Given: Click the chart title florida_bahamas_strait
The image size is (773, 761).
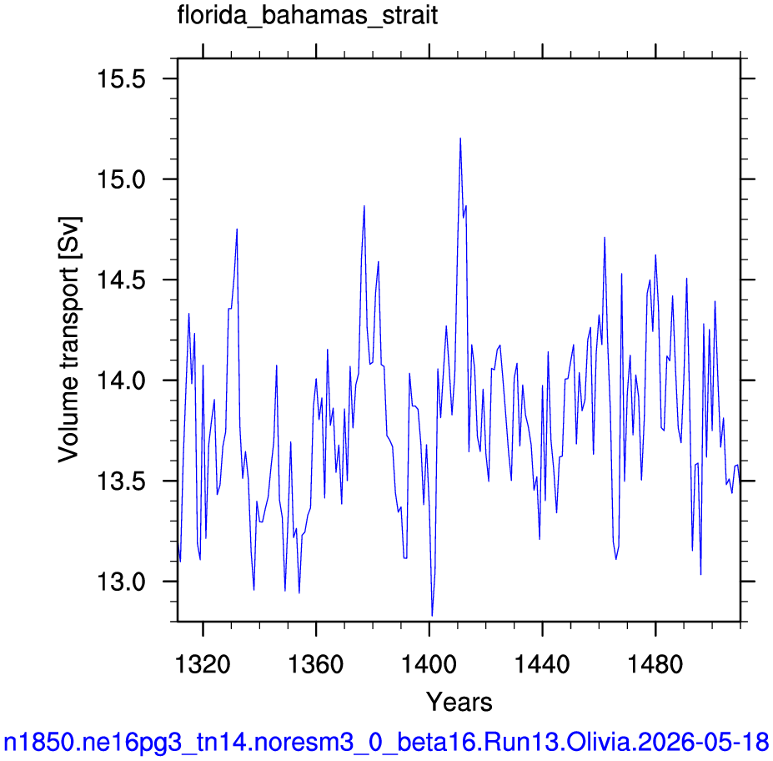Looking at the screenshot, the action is [x=307, y=15].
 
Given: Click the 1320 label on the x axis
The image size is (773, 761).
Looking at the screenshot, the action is [x=203, y=664].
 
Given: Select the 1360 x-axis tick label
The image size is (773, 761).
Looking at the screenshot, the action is [x=315, y=664].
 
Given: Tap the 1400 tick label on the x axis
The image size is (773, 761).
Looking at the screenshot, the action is [x=429, y=664].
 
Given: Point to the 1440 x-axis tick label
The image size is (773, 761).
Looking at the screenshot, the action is [x=542, y=664].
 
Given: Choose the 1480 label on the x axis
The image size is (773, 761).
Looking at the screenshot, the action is [x=655, y=664].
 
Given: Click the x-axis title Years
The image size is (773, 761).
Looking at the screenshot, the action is [x=459, y=702].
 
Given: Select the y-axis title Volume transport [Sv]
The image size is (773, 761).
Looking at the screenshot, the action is [x=69, y=340].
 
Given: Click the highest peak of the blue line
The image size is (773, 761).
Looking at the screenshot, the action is [x=460, y=139].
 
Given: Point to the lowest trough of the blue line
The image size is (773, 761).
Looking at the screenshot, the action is [x=432, y=616].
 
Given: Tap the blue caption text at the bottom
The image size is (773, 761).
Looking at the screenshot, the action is [x=386, y=741].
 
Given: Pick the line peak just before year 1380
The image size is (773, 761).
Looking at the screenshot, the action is [x=364, y=206].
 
